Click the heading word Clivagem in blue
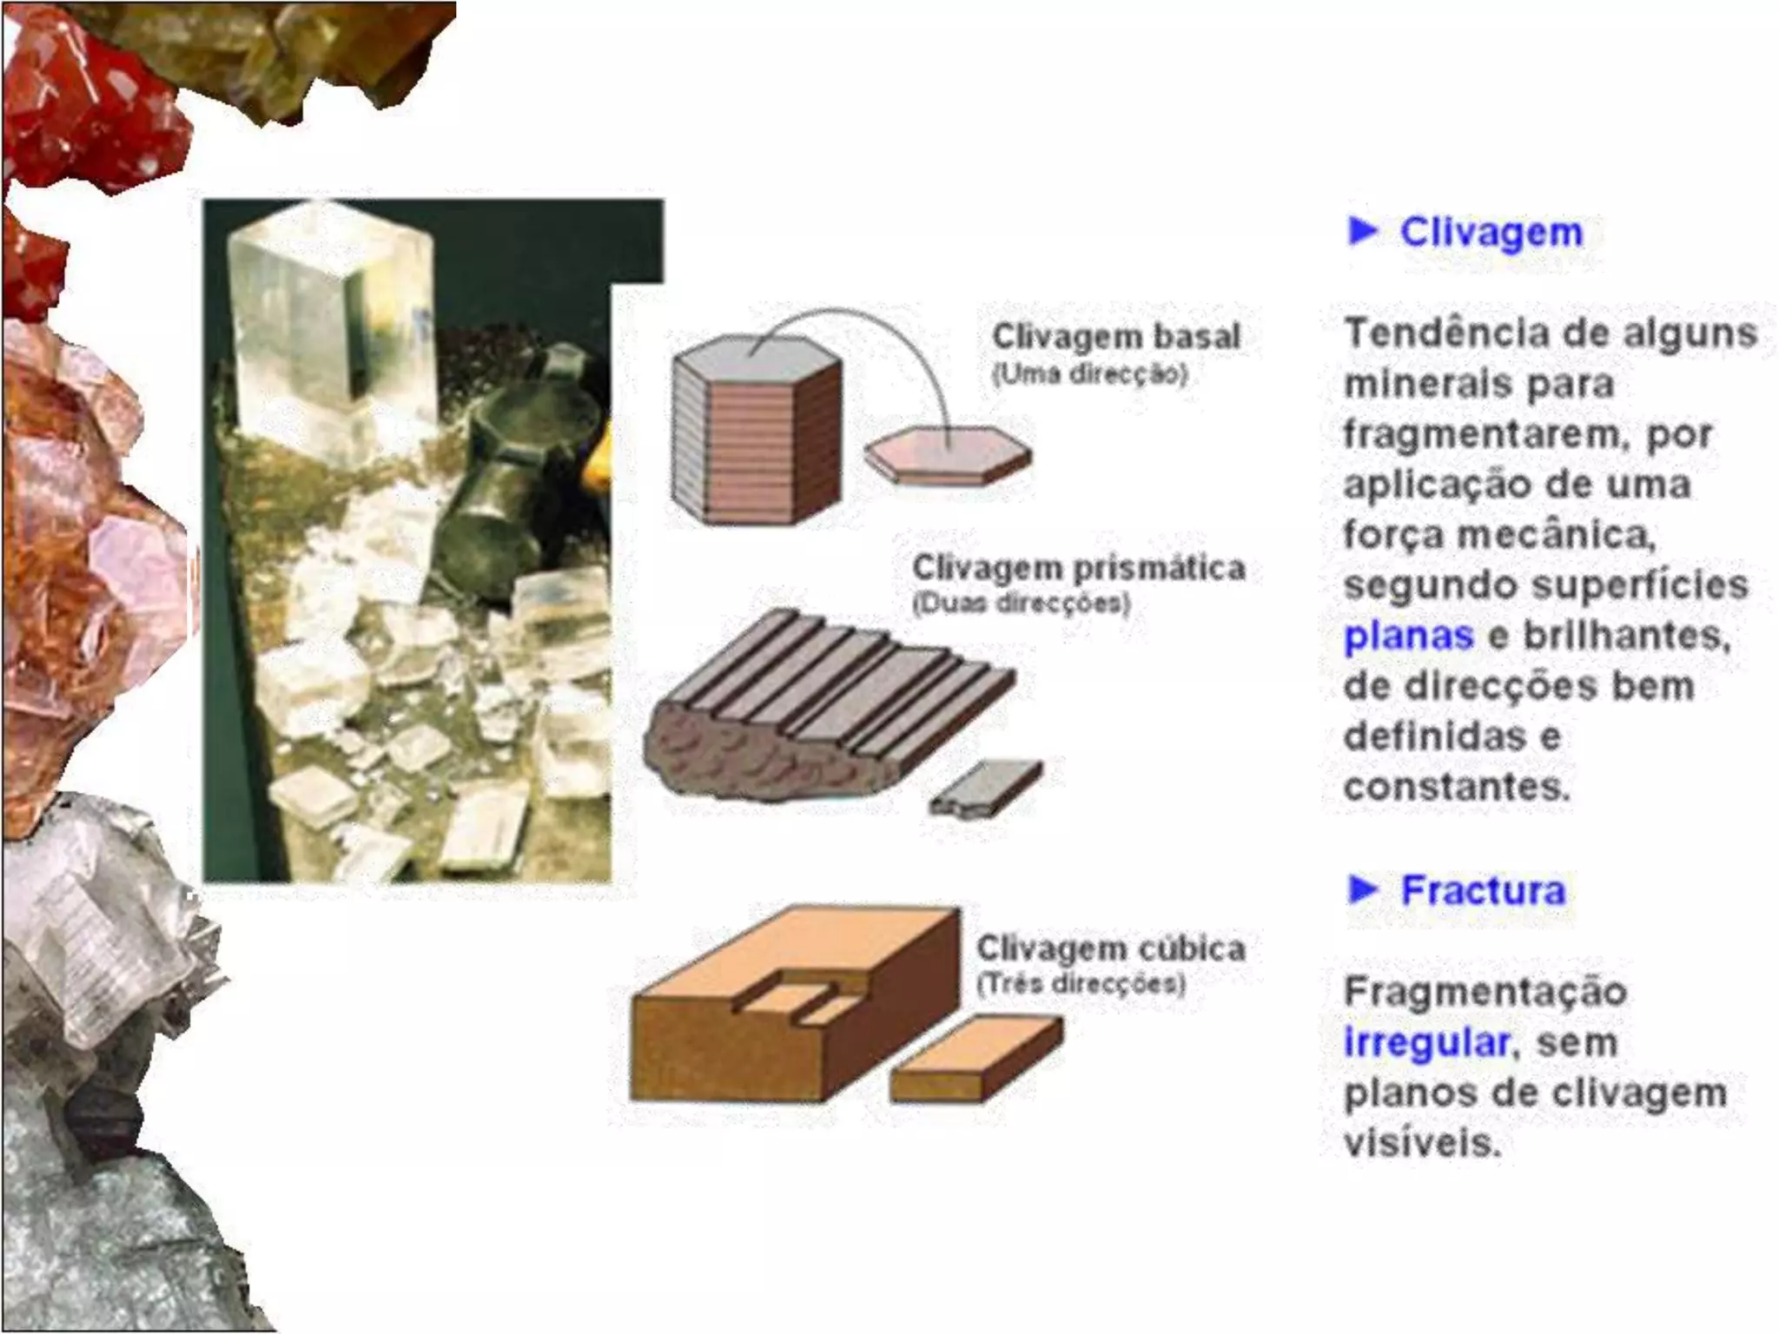click(1491, 232)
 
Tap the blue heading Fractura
click(1483, 890)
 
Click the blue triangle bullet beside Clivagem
click(1364, 231)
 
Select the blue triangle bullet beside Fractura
click(1364, 889)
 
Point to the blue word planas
click(1408, 637)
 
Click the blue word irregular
click(1425, 1041)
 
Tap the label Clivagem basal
click(1116, 336)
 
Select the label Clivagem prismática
click(1079, 568)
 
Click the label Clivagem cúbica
click(1111, 948)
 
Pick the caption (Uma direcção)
click(1089, 375)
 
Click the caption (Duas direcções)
click(1021, 604)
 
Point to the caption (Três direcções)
click(1081, 984)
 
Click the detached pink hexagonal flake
click(949, 454)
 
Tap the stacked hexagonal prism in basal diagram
click(757, 429)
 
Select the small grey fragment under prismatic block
click(986, 789)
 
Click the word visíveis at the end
click(1422, 1142)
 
